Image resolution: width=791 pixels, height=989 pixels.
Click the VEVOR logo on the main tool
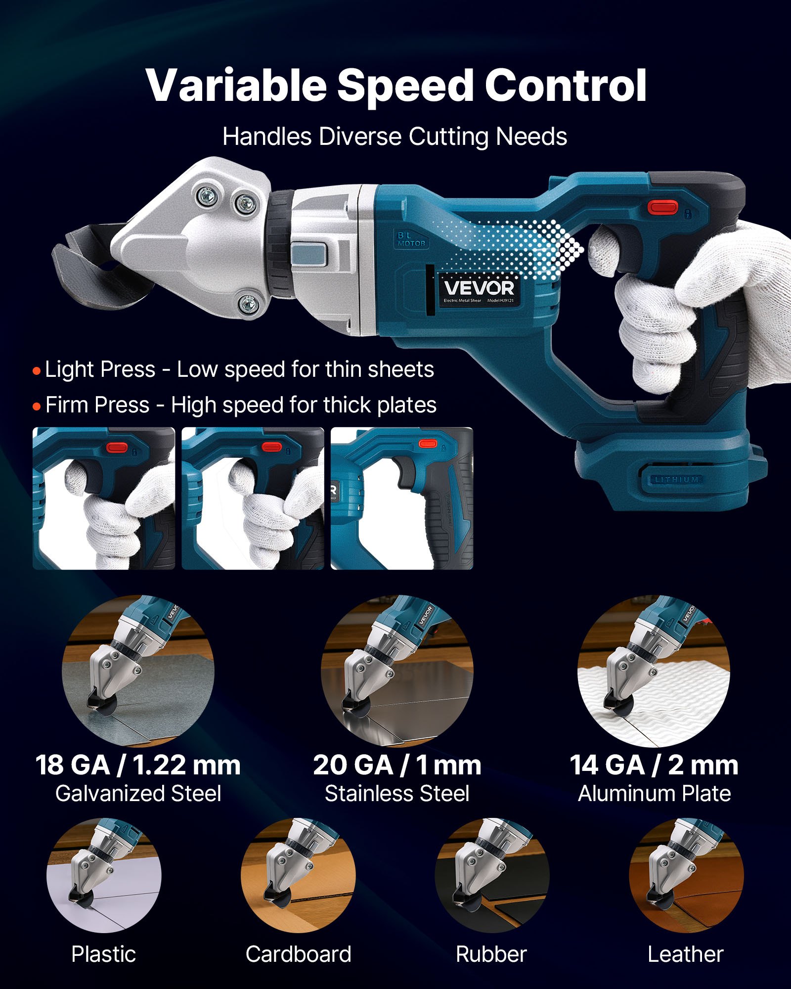point(479,288)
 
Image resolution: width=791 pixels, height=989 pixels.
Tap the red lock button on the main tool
point(662,206)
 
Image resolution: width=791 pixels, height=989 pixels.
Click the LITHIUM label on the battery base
point(676,480)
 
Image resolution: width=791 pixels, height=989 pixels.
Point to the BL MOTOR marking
point(411,239)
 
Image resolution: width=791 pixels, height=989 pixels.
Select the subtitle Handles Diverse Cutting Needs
point(395,136)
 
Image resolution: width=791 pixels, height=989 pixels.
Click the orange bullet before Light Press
point(37,370)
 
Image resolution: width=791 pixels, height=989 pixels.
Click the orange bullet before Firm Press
point(37,406)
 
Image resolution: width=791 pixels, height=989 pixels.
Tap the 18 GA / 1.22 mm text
point(138,765)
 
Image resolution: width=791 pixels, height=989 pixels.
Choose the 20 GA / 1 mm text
point(397,765)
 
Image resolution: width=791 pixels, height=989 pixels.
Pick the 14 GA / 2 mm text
point(654,765)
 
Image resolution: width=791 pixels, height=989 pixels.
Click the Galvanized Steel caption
point(138,794)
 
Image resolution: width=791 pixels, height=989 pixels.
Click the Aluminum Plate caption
point(654,794)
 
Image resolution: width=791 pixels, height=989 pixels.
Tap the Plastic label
point(103,954)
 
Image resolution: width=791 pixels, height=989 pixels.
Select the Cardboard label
point(298,954)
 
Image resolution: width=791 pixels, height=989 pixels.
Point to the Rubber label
point(491,954)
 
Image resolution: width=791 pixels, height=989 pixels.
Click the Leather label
point(685,954)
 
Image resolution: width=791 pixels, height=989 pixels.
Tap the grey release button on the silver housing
point(309,255)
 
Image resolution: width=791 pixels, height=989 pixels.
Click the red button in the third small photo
point(427,444)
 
